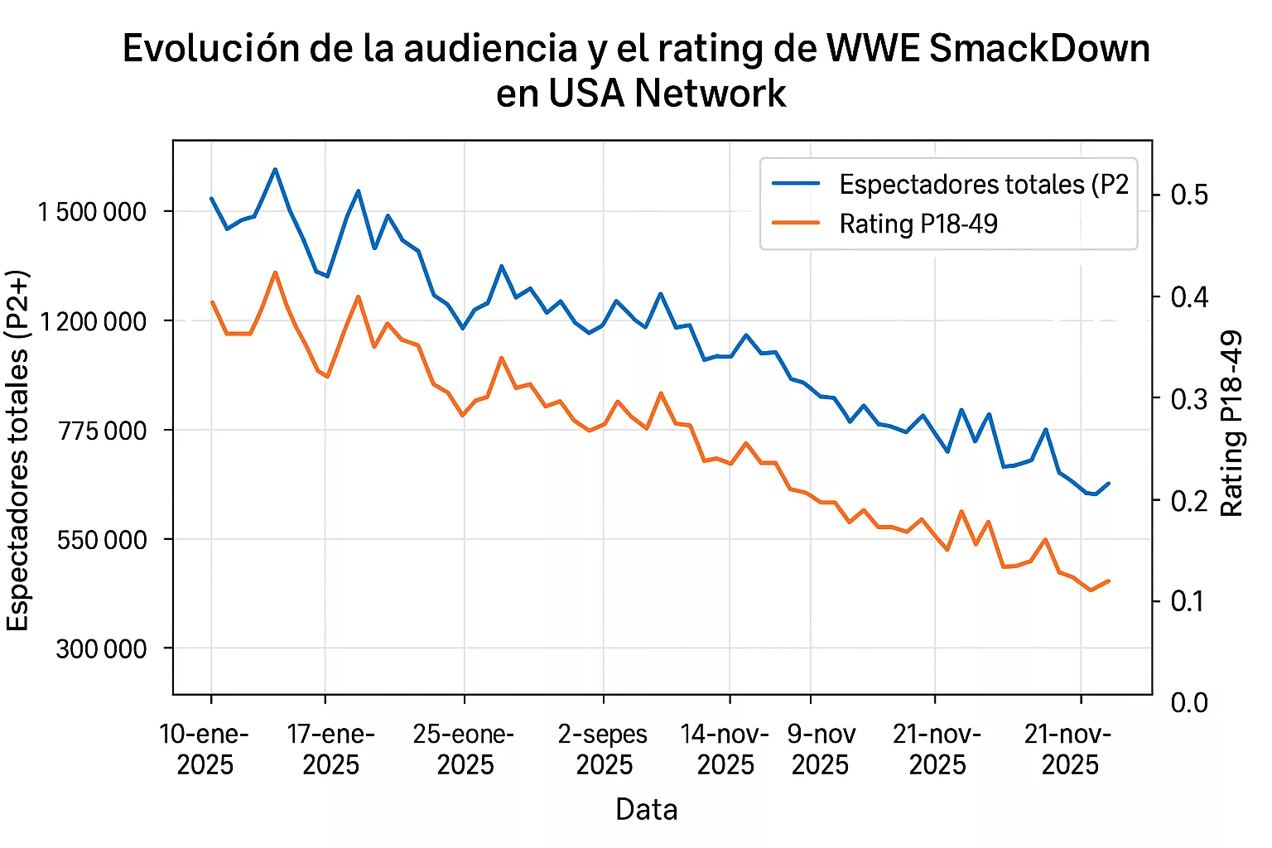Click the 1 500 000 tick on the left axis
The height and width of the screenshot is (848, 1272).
point(92,212)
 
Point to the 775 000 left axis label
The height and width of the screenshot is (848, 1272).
point(103,431)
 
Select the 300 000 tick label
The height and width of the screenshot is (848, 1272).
point(102,649)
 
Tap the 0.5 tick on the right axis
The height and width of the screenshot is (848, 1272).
point(1189,195)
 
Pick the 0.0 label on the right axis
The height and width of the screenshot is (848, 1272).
point(1189,703)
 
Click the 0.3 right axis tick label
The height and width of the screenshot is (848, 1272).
point(1189,399)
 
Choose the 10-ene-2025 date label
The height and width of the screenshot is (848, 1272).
point(205,749)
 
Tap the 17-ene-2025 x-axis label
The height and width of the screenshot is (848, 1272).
point(330,749)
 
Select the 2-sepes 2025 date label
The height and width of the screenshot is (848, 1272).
point(604,749)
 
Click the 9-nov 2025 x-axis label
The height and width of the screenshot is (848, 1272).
point(821,749)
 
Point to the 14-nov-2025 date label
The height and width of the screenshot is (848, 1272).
point(725,749)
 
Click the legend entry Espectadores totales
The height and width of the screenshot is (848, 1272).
point(984,184)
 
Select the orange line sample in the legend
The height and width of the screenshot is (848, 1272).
point(796,224)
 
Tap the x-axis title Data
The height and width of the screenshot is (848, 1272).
point(646,809)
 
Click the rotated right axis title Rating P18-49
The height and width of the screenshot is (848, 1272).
point(1232,423)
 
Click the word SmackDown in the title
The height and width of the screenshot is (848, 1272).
point(1039,49)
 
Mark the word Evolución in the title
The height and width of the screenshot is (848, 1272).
point(212,49)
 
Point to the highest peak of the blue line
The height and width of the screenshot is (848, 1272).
point(275,169)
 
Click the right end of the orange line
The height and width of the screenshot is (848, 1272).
point(1108,581)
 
